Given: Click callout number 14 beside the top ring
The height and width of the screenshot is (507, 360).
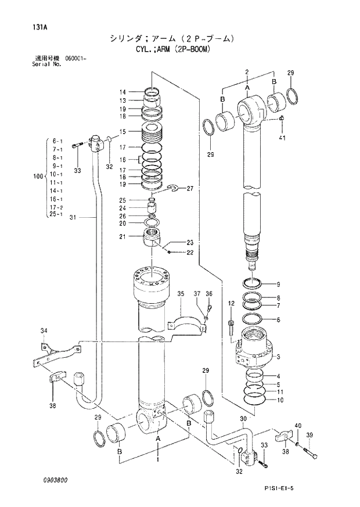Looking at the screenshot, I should pyautogui.click(x=123, y=92).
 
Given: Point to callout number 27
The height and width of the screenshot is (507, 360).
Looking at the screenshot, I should pyautogui.click(x=190, y=189).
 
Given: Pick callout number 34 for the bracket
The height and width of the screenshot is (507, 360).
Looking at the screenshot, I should pyautogui.click(x=43, y=331).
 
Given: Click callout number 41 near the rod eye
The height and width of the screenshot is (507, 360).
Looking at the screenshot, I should pyautogui.click(x=282, y=138).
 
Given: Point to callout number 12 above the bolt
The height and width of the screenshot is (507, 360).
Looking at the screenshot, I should pyautogui.click(x=231, y=304).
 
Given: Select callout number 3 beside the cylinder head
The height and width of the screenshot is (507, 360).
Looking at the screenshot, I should pyautogui.click(x=279, y=356).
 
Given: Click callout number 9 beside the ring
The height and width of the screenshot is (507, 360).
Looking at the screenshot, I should pyautogui.click(x=278, y=284).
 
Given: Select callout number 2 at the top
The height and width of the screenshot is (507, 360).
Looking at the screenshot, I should pyautogui.click(x=247, y=72).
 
